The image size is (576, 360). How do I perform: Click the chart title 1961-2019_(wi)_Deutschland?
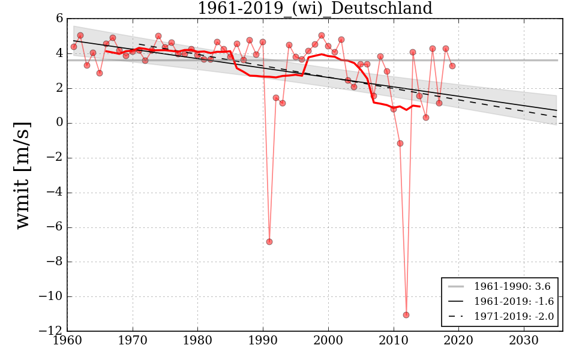click(314, 9)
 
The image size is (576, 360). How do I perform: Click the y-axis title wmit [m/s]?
click(23, 175)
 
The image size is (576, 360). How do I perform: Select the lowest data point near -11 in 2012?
click(406, 315)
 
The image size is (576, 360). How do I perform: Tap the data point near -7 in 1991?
click(269, 242)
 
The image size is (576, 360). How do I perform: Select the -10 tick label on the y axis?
click(52, 296)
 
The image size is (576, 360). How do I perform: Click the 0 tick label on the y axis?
click(59, 123)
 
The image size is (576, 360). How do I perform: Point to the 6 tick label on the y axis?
click(59, 19)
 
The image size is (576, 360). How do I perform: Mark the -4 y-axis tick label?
click(55, 193)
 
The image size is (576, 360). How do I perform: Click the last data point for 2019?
click(452, 66)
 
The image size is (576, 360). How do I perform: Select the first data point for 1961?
click(74, 47)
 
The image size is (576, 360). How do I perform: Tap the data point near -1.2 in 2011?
click(400, 143)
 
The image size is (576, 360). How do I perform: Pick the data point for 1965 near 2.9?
click(100, 73)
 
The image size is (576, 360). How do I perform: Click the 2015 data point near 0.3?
click(426, 118)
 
